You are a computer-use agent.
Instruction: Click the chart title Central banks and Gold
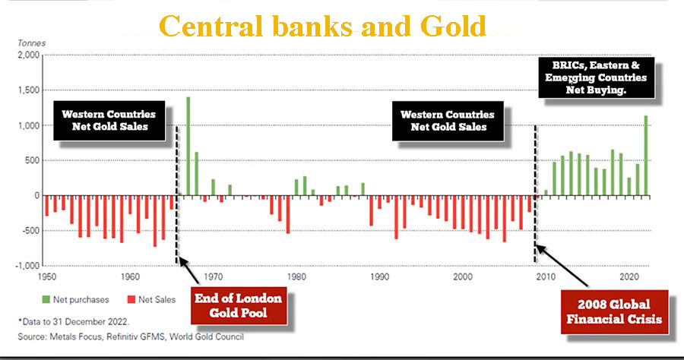[x=322, y=26]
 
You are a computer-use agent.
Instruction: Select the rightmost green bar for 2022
[x=645, y=156]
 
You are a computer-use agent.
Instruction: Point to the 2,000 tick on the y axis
[x=29, y=55]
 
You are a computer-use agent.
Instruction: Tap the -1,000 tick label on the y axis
[x=27, y=265]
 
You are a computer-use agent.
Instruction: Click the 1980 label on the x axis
[x=296, y=276]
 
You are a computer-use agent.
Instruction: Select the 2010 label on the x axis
[x=546, y=276]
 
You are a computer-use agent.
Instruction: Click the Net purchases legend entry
[x=75, y=299]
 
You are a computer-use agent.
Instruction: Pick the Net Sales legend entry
[x=151, y=299]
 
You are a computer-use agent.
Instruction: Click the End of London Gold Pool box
[x=239, y=305]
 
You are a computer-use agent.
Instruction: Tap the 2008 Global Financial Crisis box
[x=614, y=311]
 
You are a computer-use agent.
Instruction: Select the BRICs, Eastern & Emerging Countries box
[x=597, y=77]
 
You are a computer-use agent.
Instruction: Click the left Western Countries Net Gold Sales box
[x=109, y=120]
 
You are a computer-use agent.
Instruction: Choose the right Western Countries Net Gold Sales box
[x=448, y=121]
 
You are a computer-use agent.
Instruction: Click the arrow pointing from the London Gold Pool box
[x=189, y=270]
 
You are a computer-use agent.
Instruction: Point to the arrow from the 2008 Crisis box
[x=562, y=266]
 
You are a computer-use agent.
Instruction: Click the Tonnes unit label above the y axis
[x=31, y=43]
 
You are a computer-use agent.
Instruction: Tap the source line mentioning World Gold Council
[x=131, y=336]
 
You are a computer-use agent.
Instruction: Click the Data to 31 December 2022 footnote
[x=74, y=322]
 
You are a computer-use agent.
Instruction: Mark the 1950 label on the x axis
[x=47, y=276]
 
